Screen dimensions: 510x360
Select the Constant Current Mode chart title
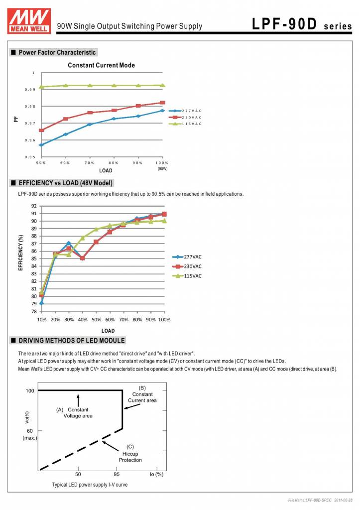tap(101, 65)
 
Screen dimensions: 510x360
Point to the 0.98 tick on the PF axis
tap(30, 107)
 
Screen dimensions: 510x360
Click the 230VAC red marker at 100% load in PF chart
tap(162, 103)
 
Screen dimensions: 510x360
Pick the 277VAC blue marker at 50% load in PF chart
tap(41, 145)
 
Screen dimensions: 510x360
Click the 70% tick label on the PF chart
tap(90, 163)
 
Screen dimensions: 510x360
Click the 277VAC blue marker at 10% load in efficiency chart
tap(41, 303)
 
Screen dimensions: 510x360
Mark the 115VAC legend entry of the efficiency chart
tap(192, 276)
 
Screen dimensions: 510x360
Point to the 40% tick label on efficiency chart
tap(83, 319)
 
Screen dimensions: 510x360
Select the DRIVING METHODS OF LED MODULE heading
tap(72, 341)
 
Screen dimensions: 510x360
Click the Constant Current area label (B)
tap(142, 394)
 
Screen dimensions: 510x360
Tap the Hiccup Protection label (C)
tap(130, 453)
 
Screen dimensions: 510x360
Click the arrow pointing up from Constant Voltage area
tap(78, 400)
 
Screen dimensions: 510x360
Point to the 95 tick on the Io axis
tap(118, 474)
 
